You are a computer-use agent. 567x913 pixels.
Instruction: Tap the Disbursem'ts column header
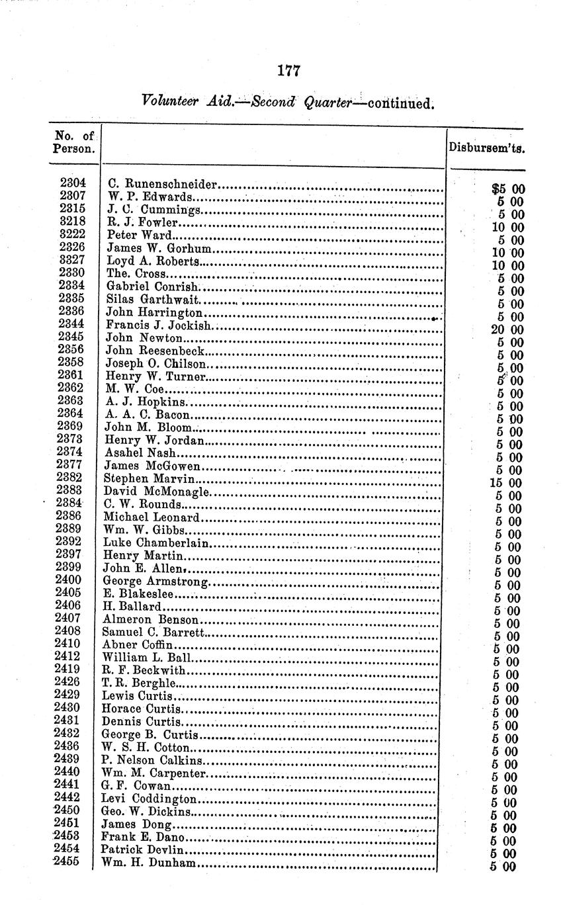pos(488,149)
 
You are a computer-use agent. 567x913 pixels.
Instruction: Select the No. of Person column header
pos(73,142)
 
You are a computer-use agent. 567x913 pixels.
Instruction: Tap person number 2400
pos(69,580)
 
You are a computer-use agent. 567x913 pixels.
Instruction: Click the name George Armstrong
pos(156,582)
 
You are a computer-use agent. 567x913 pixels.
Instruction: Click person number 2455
pos(67,862)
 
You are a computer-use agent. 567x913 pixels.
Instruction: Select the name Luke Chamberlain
pos(156,543)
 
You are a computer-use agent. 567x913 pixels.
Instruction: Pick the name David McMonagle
pos(156,492)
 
